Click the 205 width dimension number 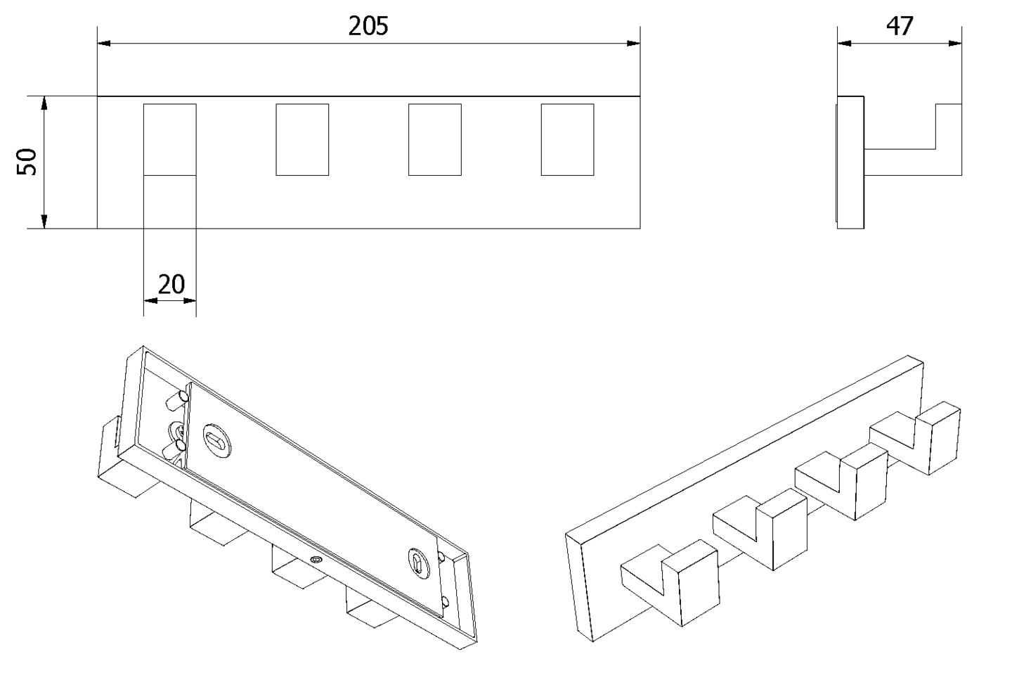[x=368, y=26]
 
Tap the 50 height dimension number [x=27, y=162]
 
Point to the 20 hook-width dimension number [x=171, y=284]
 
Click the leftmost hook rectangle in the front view [x=170, y=139]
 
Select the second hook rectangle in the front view [x=302, y=139]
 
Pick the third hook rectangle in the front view [x=434, y=139]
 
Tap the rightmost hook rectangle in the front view [x=567, y=139]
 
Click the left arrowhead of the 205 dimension [x=104, y=44]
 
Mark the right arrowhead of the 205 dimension [x=633, y=44]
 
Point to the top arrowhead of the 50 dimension [x=44, y=103]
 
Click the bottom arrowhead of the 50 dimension [x=44, y=222]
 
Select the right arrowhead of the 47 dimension [x=954, y=44]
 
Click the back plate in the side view [x=850, y=162]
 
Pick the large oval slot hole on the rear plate [x=217, y=439]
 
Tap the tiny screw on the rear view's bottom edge [x=316, y=560]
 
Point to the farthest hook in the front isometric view [x=915, y=437]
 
